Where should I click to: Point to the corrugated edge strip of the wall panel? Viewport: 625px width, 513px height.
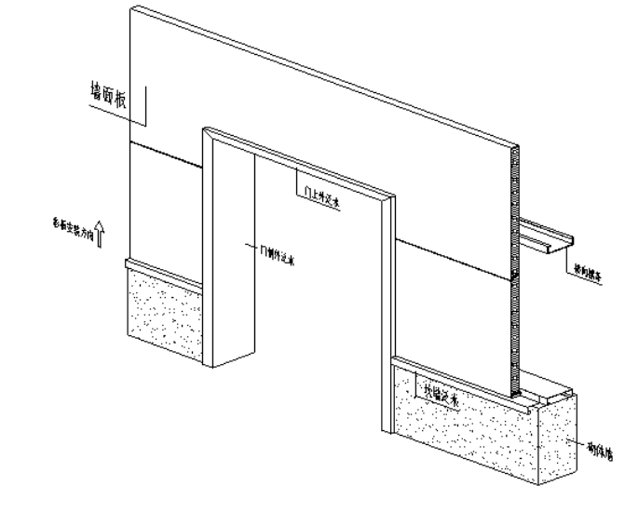[512, 270]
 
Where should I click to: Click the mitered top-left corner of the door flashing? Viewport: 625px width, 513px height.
[210, 133]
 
